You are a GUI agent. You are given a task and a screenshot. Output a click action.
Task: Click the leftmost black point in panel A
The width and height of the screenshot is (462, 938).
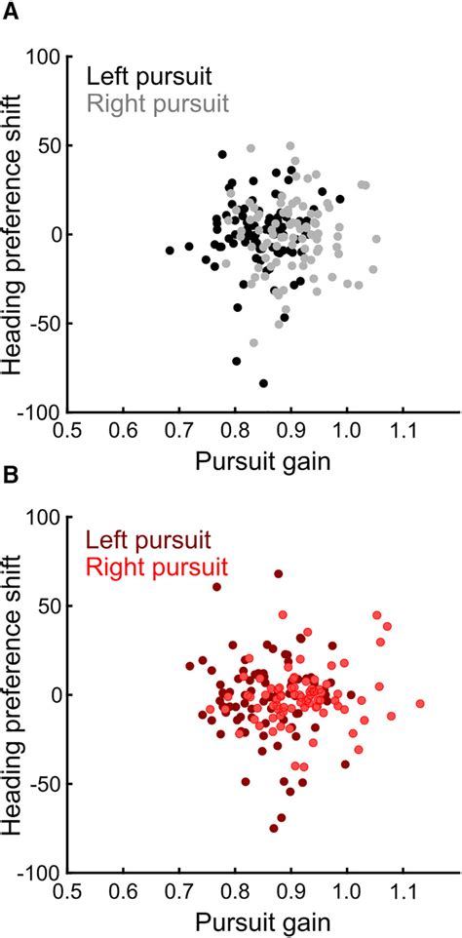pos(170,251)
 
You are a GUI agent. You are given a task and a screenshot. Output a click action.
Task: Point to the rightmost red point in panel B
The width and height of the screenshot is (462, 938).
pos(420,703)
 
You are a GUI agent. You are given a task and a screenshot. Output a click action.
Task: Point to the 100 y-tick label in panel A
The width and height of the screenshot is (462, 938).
pos(44,57)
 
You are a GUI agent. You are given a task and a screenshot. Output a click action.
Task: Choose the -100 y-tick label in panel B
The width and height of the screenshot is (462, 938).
pos(40,872)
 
